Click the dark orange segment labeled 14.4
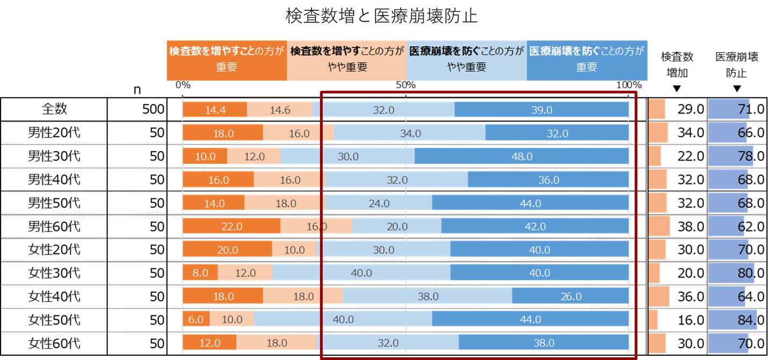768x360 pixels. [x=215, y=110]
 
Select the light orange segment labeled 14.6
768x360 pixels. [x=280, y=110]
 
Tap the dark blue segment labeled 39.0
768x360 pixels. [x=541, y=110]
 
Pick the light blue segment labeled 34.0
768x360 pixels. [x=409, y=133]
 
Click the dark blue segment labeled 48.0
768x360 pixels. [x=521, y=156]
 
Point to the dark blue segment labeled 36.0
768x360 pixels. [x=548, y=180]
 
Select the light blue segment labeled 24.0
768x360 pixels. [x=379, y=203]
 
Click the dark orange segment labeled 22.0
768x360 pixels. [x=231, y=226]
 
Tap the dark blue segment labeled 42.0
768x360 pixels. [x=535, y=226]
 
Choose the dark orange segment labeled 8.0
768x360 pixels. [x=200, y=273]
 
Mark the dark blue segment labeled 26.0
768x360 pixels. [x=570, y=296]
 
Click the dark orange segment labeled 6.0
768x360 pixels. [x=196, y=319]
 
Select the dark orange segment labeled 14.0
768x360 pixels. [x=214, y=203]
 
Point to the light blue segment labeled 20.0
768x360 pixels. [x=396, y=226]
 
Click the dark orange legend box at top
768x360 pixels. [x=226, y=60]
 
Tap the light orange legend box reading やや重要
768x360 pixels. [x=346, y=60]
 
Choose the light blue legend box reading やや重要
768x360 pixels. [x=467, y=60]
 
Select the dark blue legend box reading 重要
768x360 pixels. [x=587, y=60]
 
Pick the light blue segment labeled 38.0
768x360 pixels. [x=428, y=296]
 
